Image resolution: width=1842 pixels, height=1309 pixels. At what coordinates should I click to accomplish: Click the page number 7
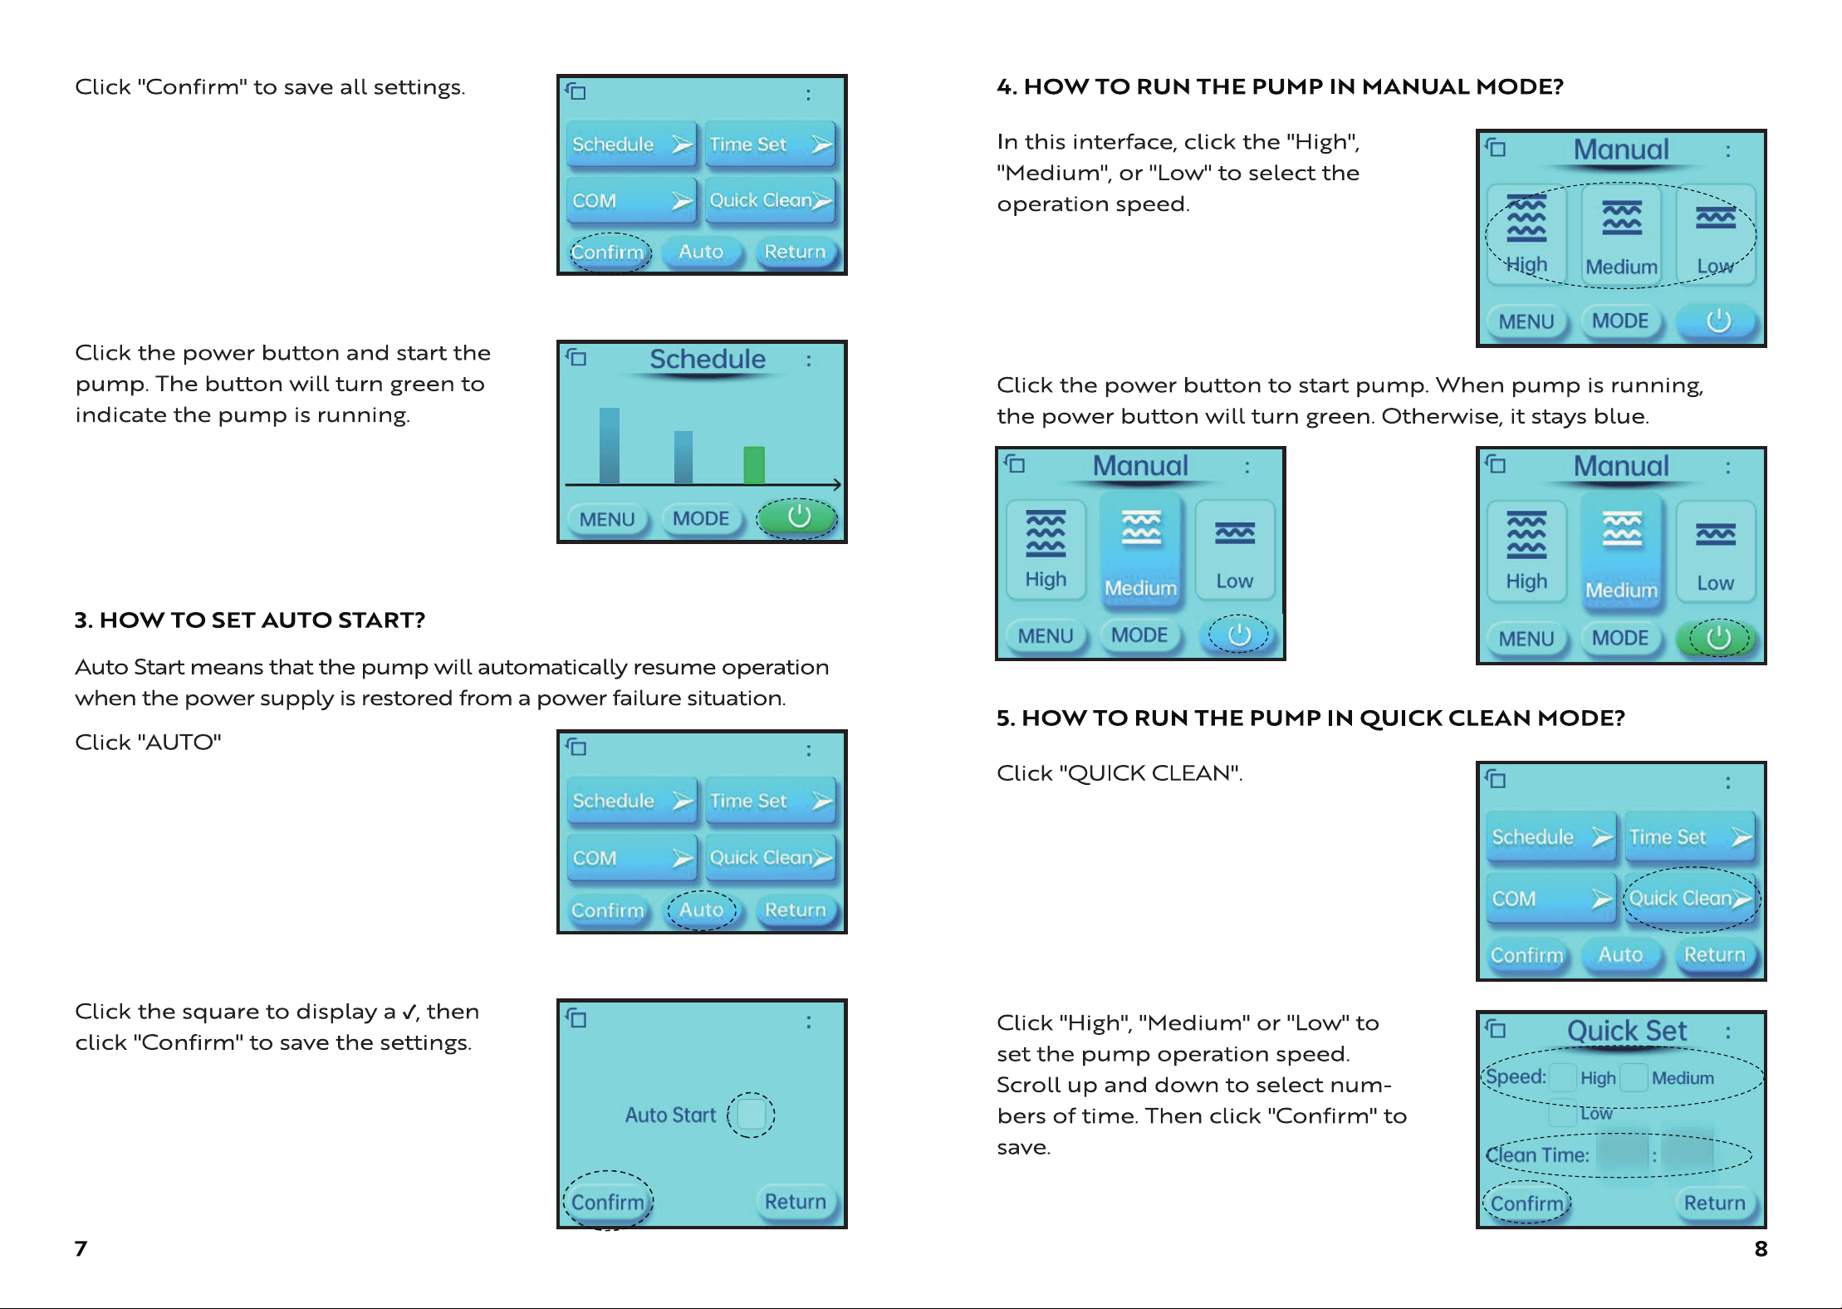[x=81, y=1248]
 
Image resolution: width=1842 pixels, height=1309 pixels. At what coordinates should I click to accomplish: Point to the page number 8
[x=1761, y=1248]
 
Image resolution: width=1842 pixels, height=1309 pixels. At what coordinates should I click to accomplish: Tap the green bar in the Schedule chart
[x=754, y=465]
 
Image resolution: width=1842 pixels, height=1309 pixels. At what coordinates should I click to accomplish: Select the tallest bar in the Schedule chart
[x=610, y=445]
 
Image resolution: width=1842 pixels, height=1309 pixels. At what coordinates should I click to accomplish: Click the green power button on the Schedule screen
[x=798, y=517]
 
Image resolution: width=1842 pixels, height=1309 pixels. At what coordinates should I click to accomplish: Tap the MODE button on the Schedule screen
[x=701, y=519]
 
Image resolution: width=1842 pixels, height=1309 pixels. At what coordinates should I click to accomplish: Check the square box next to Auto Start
[x=752, y=1114]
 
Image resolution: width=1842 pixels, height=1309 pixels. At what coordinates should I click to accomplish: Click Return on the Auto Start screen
[x=796, y=1202]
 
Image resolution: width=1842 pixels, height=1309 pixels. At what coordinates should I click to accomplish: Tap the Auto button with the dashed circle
[x=702, y=910]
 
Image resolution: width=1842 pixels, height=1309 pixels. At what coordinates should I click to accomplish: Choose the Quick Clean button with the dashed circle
[x=1688, y=898]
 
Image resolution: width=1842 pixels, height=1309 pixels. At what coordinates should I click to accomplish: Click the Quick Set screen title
[x=1626, y=1031]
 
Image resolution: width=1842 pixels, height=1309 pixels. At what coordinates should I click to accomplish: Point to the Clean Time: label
[x=1537, y=1155]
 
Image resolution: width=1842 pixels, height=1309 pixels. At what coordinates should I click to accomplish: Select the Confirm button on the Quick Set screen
[x=1526, y=1204]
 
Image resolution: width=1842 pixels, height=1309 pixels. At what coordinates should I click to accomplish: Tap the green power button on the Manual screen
[x=1717, y=638]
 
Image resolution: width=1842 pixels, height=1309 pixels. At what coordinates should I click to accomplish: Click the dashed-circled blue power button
[x=1239, y=635]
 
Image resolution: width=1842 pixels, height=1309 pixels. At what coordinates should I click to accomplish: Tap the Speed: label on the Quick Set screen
[x=1516, y=1076]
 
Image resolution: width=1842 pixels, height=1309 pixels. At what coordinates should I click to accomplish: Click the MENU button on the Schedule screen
[x=607, y=520]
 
